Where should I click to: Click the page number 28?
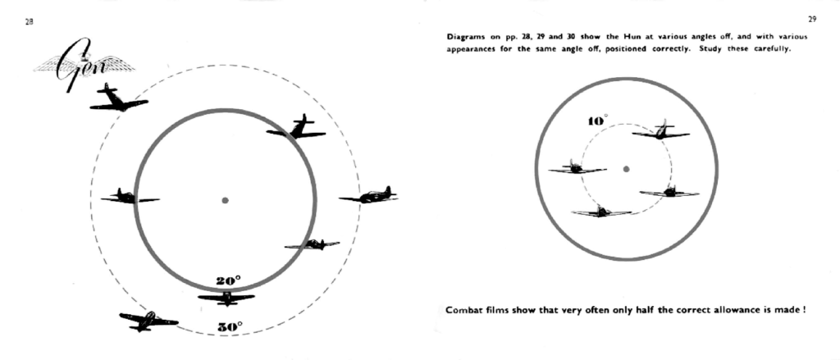pos(29,23)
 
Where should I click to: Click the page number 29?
pos(812,20)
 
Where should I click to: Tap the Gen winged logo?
pos(84,66)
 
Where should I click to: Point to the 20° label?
pos(229,280)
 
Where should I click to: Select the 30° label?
pos(230,326)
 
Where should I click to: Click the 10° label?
pos(598,121)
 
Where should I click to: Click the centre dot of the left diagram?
pos(225,200)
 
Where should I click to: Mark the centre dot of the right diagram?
pos(626,169)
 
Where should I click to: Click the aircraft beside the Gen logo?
pos(119,98)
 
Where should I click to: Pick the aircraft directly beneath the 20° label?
pos(226,298)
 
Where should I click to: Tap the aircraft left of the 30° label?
pos(148,321)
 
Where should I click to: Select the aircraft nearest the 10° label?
pos(661,130)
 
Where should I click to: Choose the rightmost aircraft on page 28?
pos(368,195)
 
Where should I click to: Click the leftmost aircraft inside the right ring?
pos(577,167)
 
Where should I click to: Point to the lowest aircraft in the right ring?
pos(601,211)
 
